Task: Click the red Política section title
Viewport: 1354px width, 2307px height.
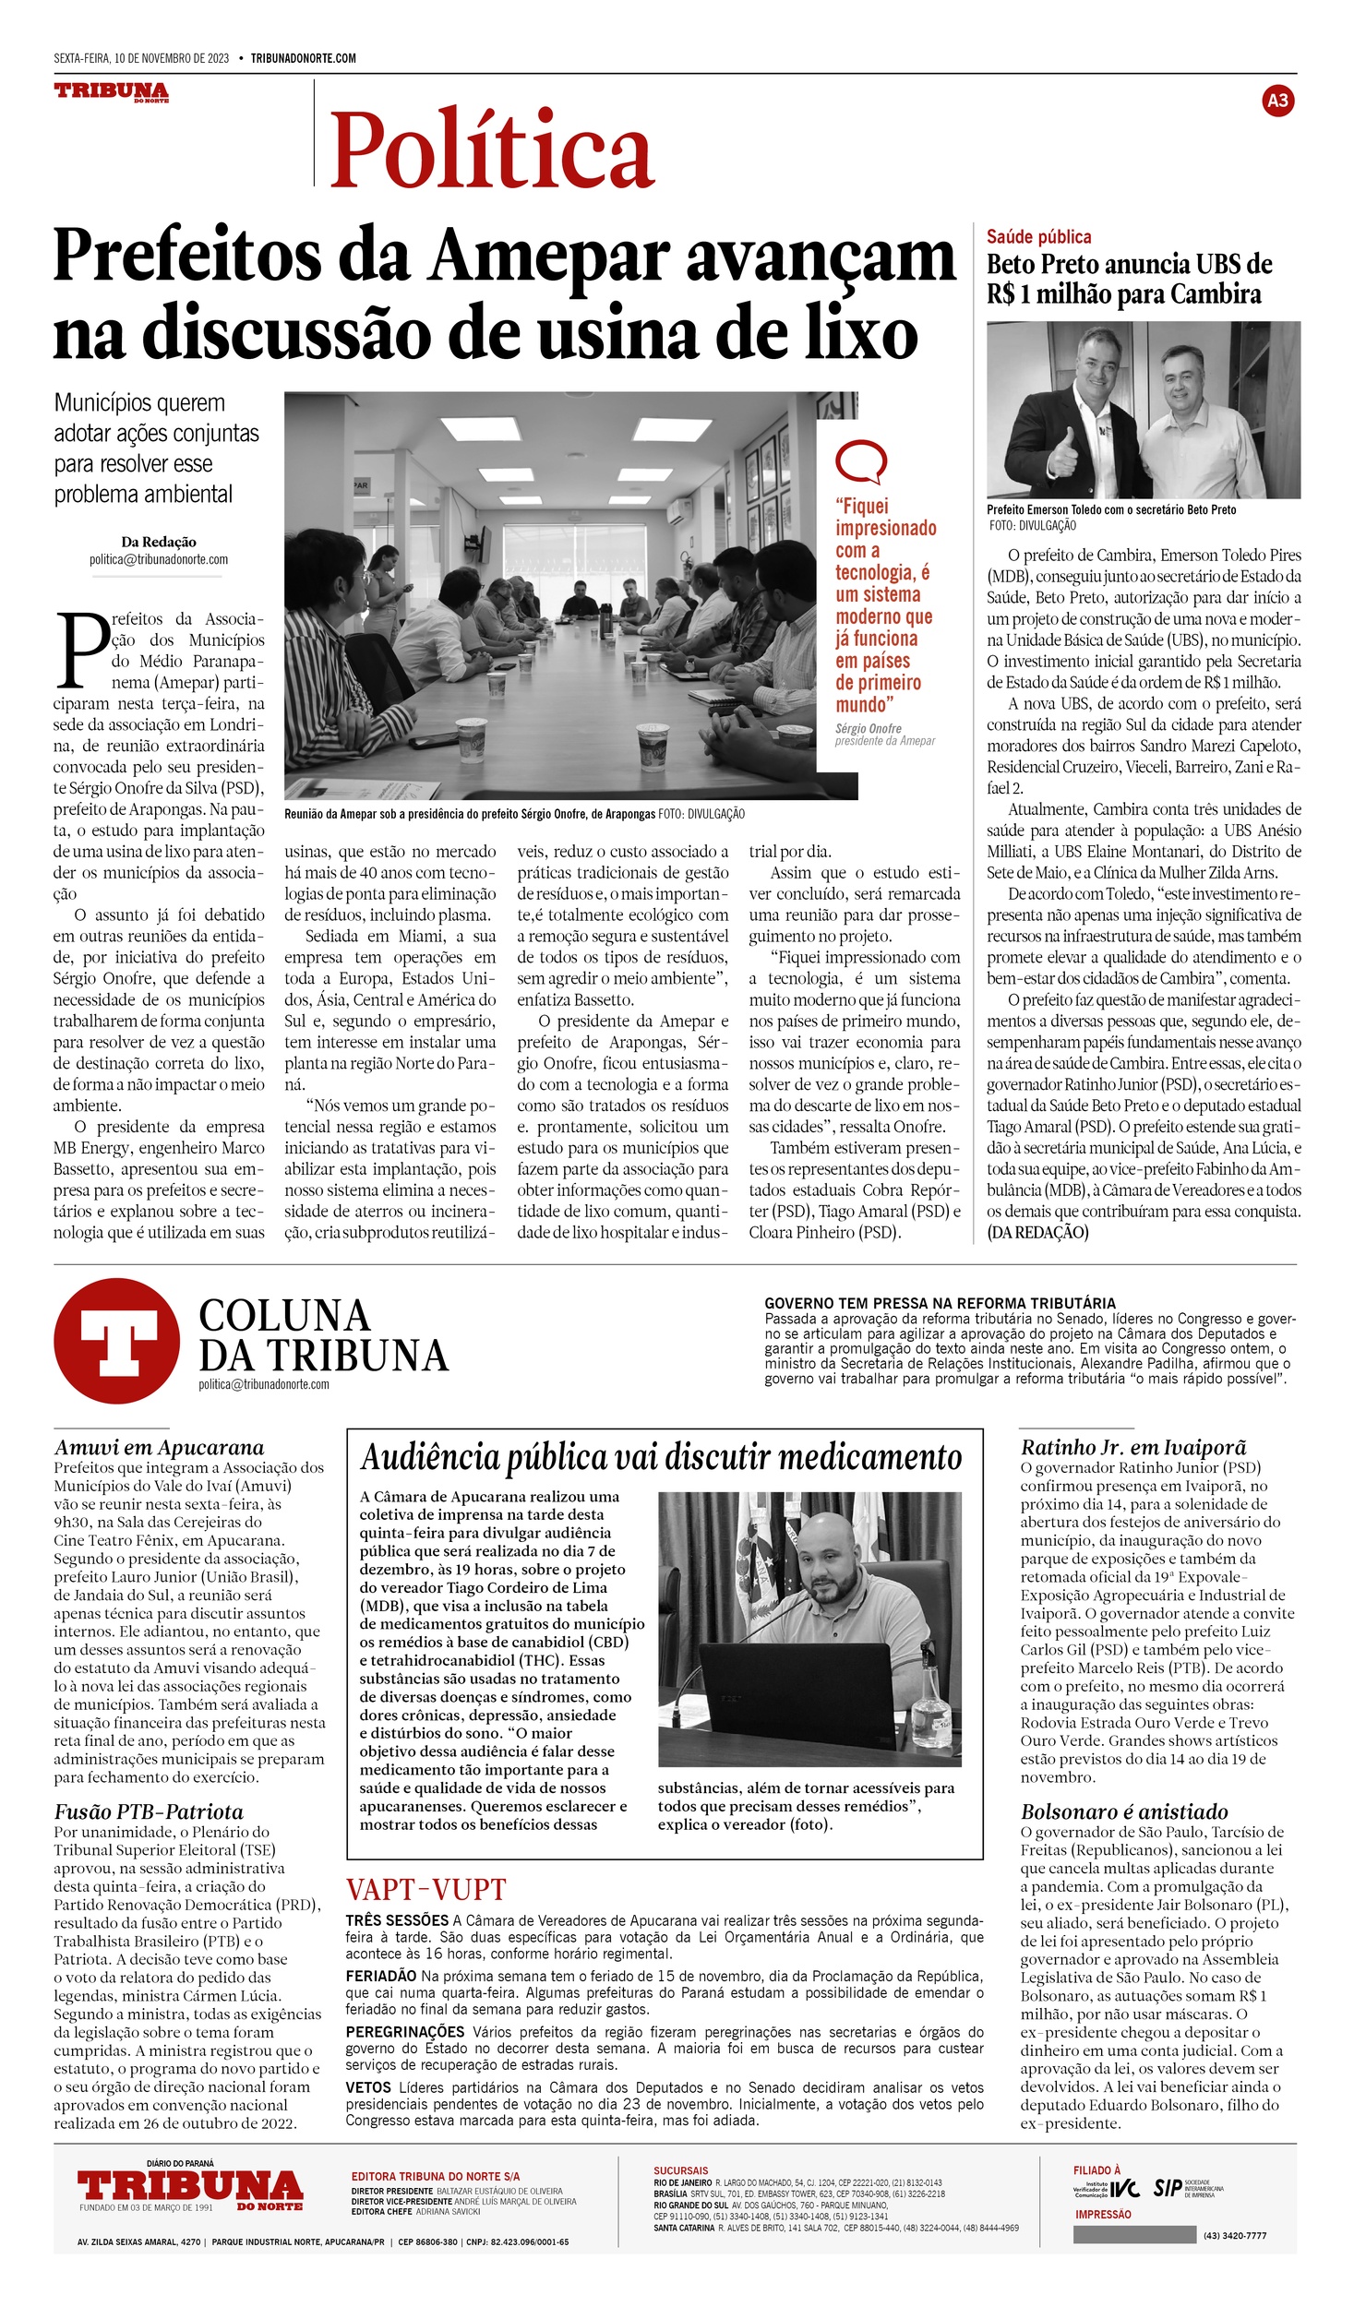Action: tap(492, 149)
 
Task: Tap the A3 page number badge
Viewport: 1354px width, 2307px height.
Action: tap(1277, 101)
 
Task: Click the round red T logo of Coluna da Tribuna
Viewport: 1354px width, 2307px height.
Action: tap(116, 1341)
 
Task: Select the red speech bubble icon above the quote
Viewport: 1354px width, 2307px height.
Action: tap(860, 462)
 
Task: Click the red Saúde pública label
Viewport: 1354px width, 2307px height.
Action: tap(1038, 237)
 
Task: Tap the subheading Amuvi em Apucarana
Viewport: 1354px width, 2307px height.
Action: tap(159, 1447)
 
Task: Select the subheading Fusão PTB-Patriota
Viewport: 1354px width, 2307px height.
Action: tap(149, 1811)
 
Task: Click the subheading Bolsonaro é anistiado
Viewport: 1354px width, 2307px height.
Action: tap(1124, 1811)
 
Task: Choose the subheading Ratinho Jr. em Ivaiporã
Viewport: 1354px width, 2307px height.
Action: tap(1133, 1447)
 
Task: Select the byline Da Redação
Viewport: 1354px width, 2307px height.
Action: tap(159, 542)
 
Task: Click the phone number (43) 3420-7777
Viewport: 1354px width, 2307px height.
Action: tap(1235, 2236)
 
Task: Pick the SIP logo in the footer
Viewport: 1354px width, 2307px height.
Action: tap(1168, 2189)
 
